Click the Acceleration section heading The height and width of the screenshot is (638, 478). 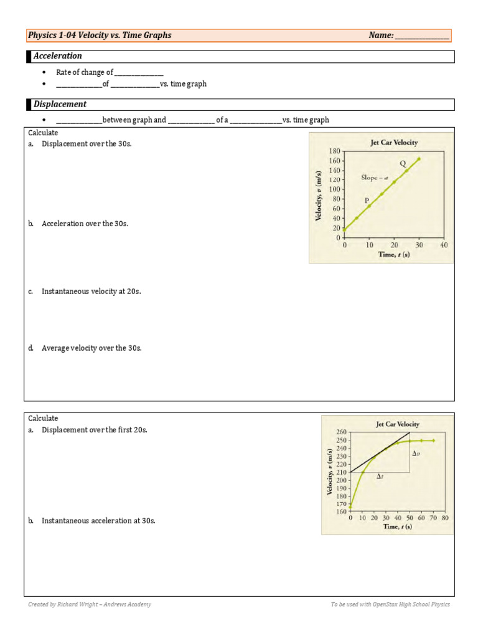pyautogui.click(x=57, y=56)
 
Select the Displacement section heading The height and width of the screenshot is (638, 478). pyautogui.click(x=60, y=104)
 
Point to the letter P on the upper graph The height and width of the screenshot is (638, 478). pyautogui.click(x=367, y=200)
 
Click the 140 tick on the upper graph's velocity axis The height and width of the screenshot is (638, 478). pyautogui.click(x=334, y=170)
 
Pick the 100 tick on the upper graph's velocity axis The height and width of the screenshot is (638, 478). pyautogui.click(x=334, y=189)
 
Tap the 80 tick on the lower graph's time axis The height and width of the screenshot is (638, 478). pyautogui.click(x=444, y=518)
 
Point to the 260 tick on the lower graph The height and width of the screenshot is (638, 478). pyautogui.click(x=340, y=432)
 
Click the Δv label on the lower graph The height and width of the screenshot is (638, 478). pyautogui.click(x=416, y=454)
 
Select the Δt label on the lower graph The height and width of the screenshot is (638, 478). pyautogui.click(x=379, y=477)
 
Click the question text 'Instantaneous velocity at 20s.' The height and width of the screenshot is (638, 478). pyautogui.click(x=91, y=291)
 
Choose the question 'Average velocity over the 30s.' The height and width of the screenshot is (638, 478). pyautogui.click(x=91, y=348)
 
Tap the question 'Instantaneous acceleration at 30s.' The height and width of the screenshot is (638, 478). pyautogui.click(x=98, y=520)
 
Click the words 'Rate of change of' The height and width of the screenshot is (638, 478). pyautogui.click(x=85, y=72)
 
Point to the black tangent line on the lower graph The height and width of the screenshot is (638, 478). pyautogui.click(x=380, y=452)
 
